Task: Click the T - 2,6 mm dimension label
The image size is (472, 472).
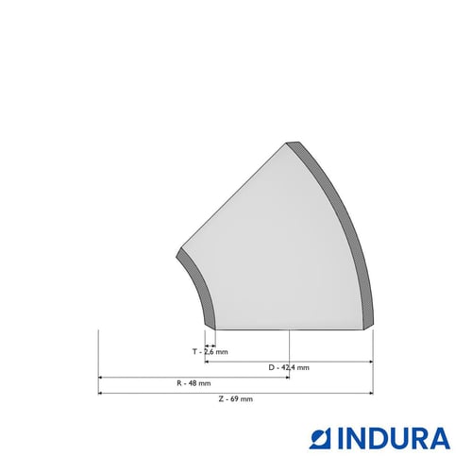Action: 211,351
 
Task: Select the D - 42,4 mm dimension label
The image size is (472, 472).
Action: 289,367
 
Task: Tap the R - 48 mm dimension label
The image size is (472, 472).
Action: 194,383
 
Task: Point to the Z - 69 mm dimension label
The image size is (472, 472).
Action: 236,398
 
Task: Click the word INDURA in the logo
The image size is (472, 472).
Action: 394,438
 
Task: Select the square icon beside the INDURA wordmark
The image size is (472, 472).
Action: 320,438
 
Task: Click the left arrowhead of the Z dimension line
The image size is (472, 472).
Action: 101,393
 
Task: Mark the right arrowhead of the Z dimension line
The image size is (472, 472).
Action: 371,393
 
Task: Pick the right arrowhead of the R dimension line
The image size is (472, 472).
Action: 287,378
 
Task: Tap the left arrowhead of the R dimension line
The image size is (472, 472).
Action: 101,378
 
